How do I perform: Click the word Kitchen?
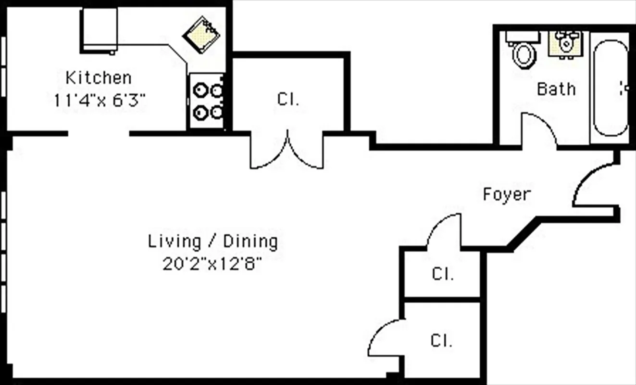[x=98, y=77]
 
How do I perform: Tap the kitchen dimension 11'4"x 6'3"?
[x=100, y=101]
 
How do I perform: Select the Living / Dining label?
[x=212, y=241]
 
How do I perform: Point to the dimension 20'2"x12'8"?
[x=212, y=264]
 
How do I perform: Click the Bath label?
[x=556, y=89]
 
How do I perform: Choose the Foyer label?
[x=507, y=194]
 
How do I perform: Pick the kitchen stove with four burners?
[x=206, y=101]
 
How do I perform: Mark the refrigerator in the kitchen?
[x=99, y=29]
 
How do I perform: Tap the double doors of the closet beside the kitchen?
[x=287, y=152]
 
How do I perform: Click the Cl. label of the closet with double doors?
[x=288, y=100]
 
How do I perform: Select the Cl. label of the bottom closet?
[x=441, y=341]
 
